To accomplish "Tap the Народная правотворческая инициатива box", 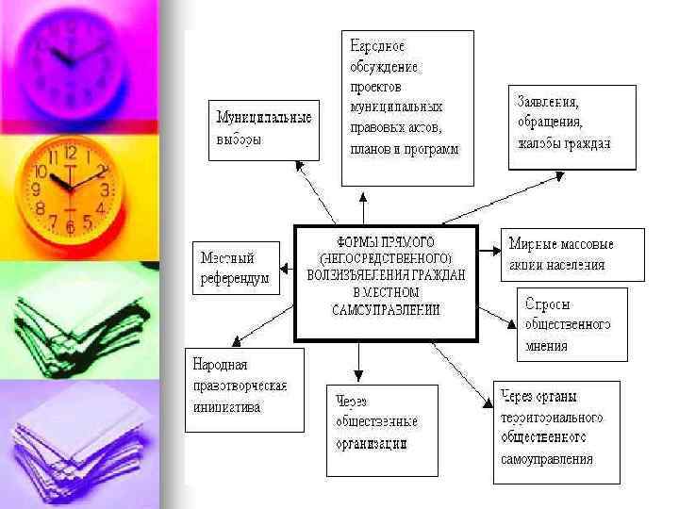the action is click(x=244, y=388).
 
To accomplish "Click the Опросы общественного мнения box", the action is click(x=573, y=324).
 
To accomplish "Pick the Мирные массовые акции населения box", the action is click(x=573, y=254).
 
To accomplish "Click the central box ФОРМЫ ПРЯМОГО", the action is click(x=387, y=282).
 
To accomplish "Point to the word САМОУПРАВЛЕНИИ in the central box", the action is click(x=387, y=310).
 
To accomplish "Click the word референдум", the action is click(x=235, y=279).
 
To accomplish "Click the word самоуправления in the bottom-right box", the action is click(x=547, y=460).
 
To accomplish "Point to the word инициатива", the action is click(x=225, y=408).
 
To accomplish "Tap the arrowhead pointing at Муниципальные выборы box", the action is click(x=299, y=165).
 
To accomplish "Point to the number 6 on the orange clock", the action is click(x=70, y=229).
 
